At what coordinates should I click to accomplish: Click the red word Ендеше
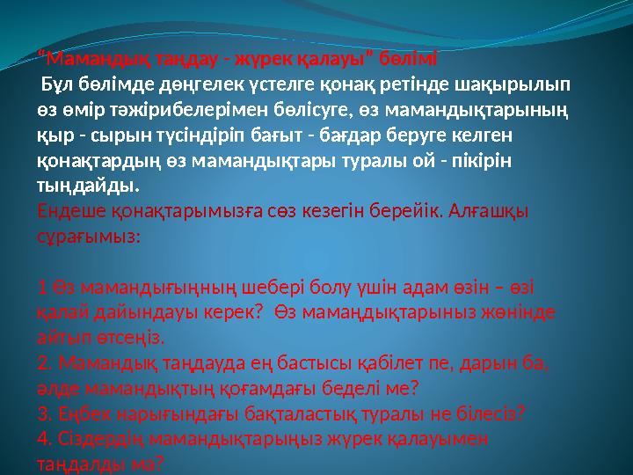pos(69,212)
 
